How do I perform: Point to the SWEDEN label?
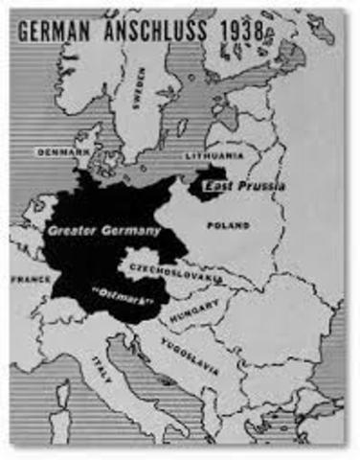point(141,87)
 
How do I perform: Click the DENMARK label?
point(62,151)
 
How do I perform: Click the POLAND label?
point(228,225)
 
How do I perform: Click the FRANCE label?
point(30,279)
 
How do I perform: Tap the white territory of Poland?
point(230,244)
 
